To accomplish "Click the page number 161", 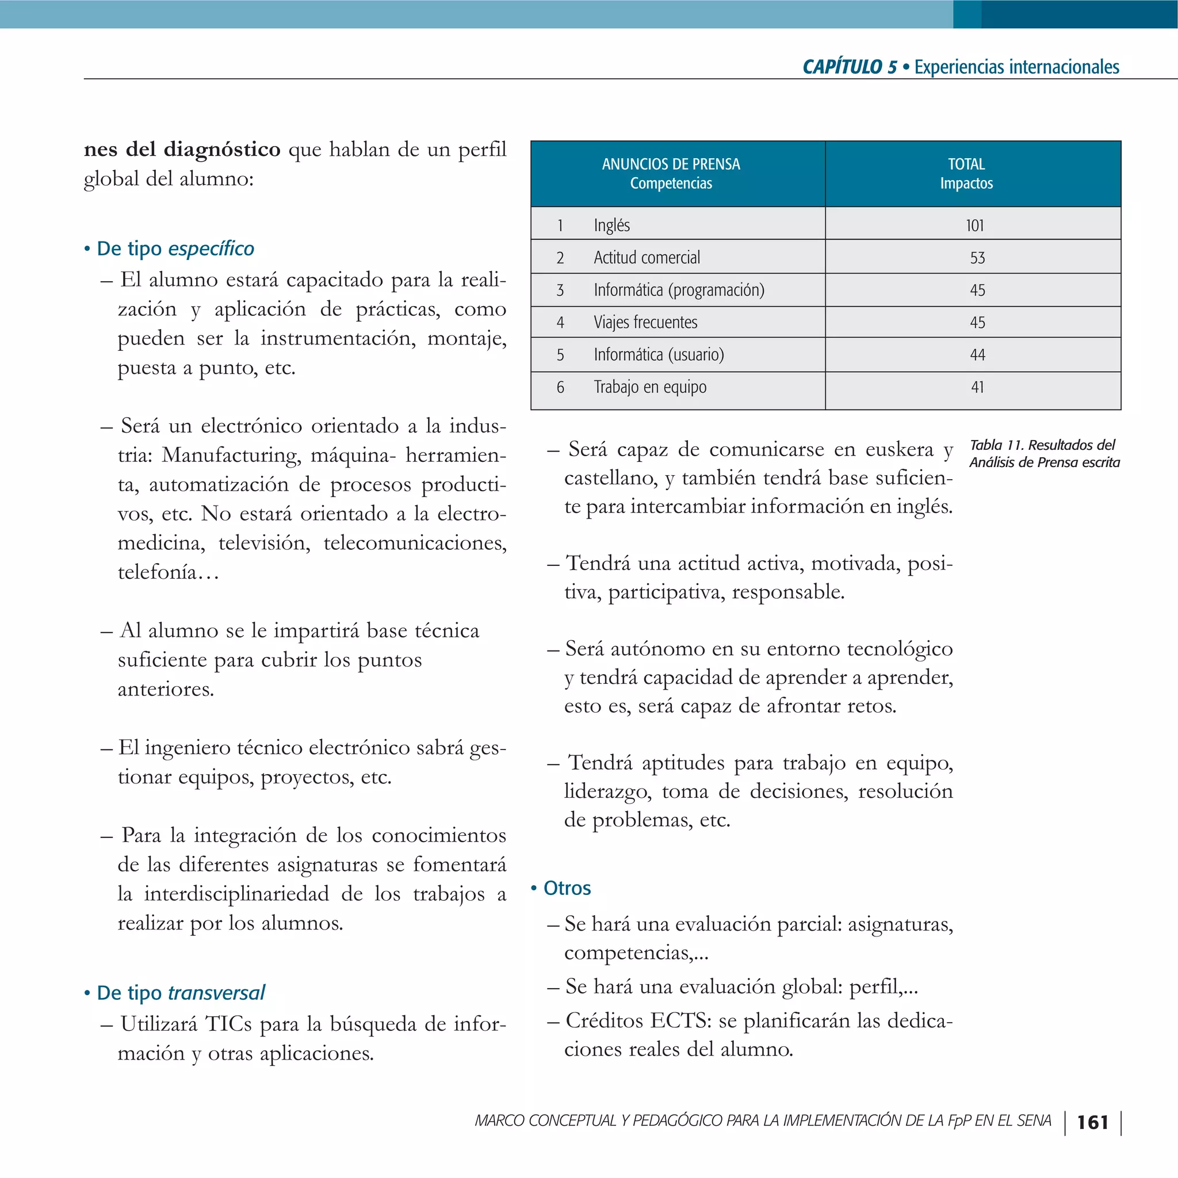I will point(1092,1123).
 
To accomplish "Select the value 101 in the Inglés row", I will point(974,225).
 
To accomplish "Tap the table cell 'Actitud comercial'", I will point(647,258).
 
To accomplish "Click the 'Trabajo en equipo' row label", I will point(650,387).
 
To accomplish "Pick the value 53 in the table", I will point(977,258).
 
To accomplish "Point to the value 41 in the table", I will point(977,387).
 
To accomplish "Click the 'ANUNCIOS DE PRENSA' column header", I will point(671,165).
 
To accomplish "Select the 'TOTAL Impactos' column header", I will point(966,174).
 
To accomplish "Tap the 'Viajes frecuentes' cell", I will point(645,323).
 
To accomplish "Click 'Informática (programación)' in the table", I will point(679,290).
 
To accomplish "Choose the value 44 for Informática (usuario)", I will point(977,355).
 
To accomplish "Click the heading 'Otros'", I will point(567,888).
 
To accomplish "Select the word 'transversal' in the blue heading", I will point(216,993).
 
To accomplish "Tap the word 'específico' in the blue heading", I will point(211,248).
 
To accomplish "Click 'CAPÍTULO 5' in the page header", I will point(850,67).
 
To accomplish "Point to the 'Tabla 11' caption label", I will point(995,445).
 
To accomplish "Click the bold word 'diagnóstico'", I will point(222,150).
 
